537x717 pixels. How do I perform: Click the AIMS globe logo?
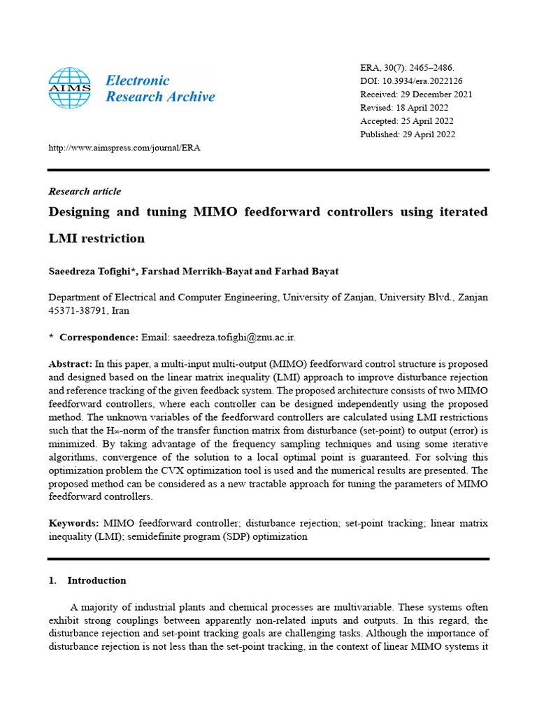click(x=69, y=88)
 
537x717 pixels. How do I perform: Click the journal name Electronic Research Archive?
click(x=160, y=88)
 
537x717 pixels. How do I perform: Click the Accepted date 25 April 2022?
click(x=429, y=121)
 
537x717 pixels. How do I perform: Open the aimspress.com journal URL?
click(x=124, y=148)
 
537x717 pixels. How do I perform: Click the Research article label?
click(x=85, y=191)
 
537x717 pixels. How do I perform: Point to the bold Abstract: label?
click(x=70, y=364)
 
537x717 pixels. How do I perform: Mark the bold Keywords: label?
click(x=73, y=524)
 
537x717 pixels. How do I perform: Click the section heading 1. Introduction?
click(x=87, y=580)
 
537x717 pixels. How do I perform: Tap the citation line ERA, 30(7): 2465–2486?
click(x=407, y=68)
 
